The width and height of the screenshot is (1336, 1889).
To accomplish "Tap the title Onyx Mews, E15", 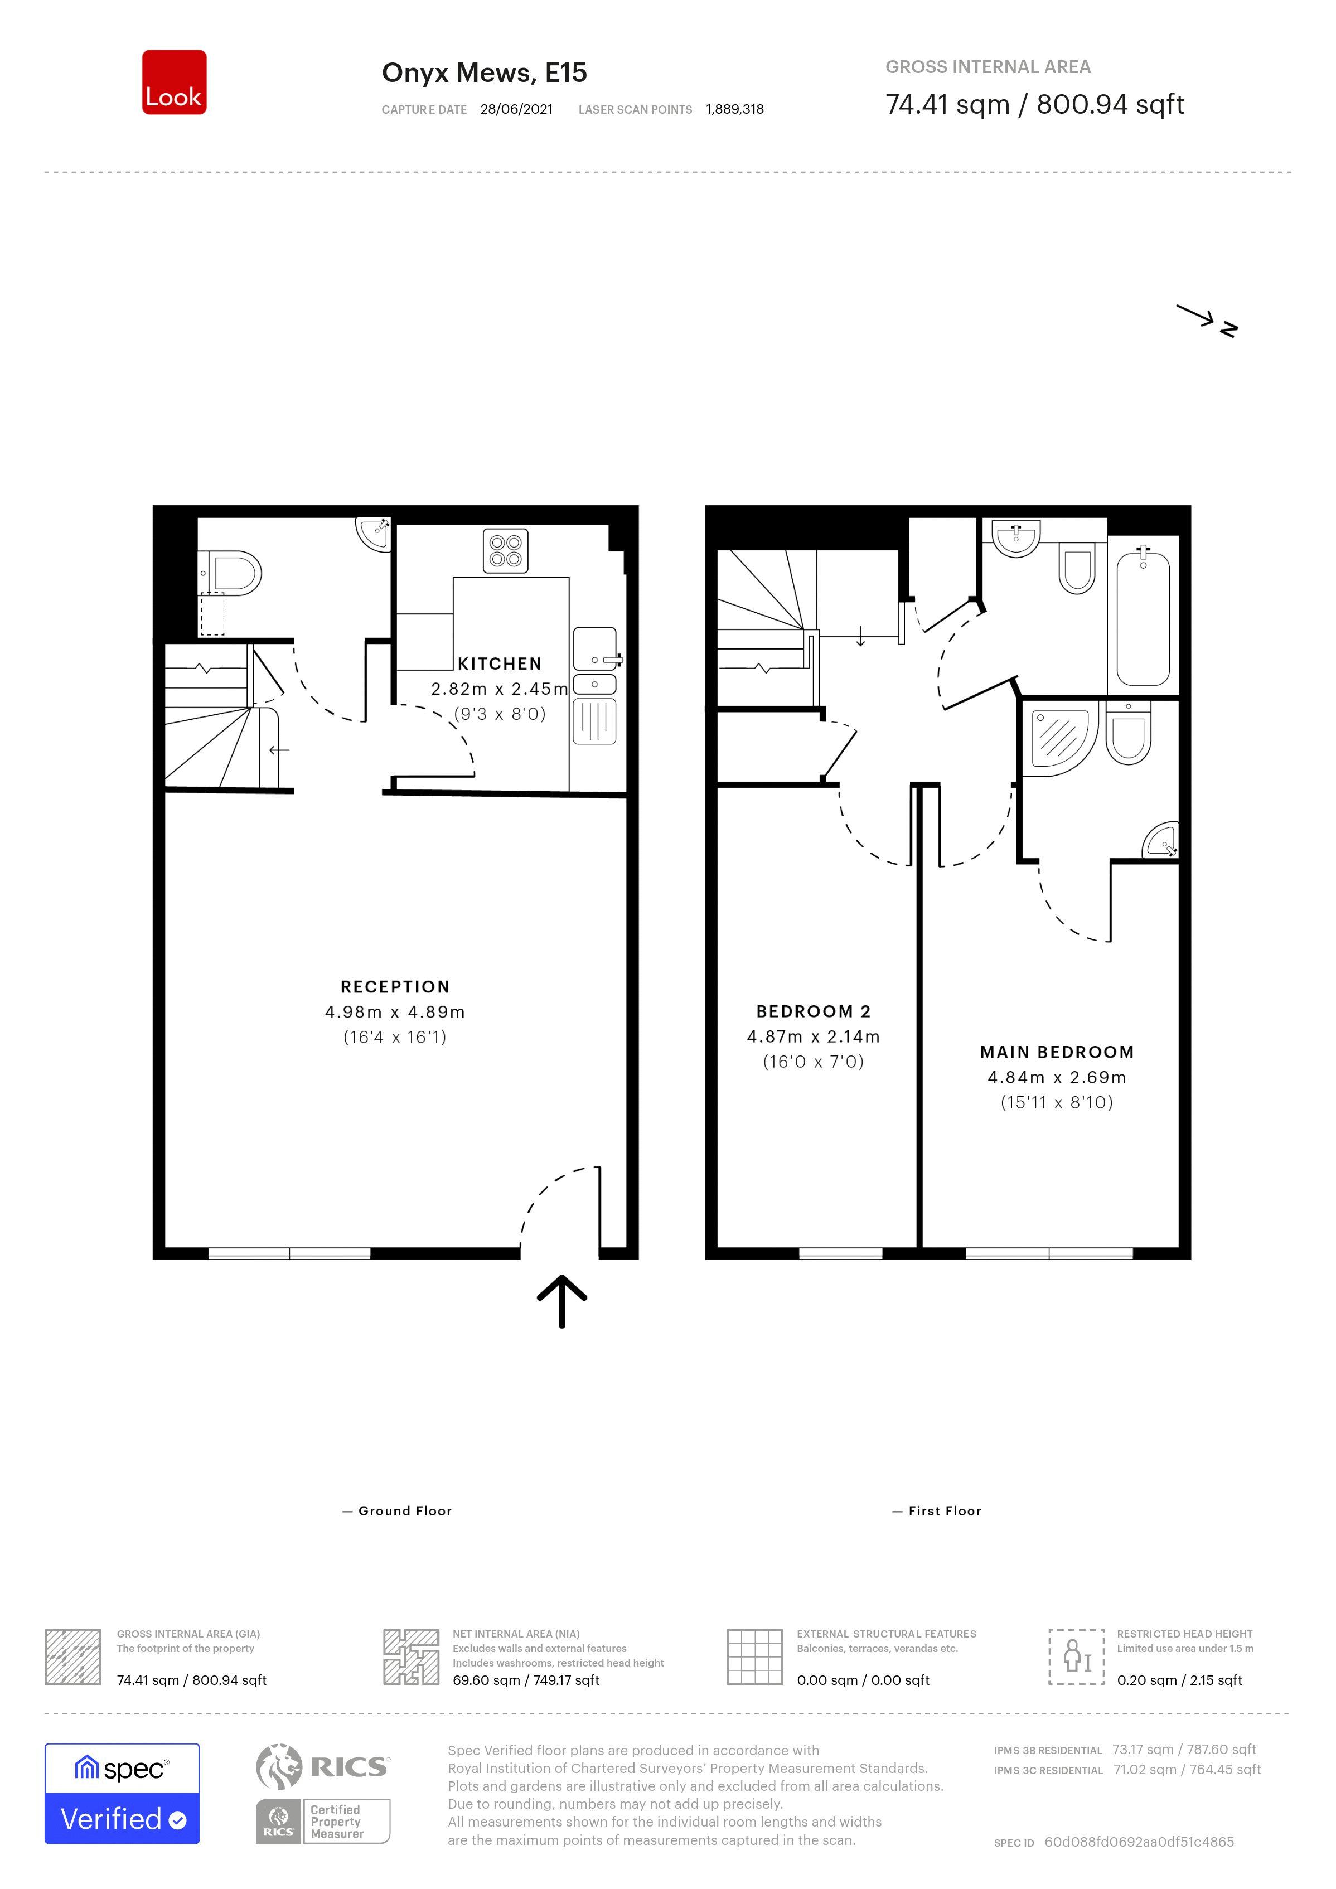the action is tap(484, 73).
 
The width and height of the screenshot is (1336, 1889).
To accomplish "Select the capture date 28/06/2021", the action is tap(517, 109).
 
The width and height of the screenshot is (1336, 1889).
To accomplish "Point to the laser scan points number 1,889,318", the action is tap(735, 109).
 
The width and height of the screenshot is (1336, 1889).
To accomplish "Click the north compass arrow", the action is tap(1206, 320).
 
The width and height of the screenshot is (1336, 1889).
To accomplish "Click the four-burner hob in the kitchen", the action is tap(505, 550).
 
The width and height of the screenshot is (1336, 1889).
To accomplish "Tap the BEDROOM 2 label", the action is tap(813, 1012).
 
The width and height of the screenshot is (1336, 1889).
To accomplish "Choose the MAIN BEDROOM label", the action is tap(1057, 1052).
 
